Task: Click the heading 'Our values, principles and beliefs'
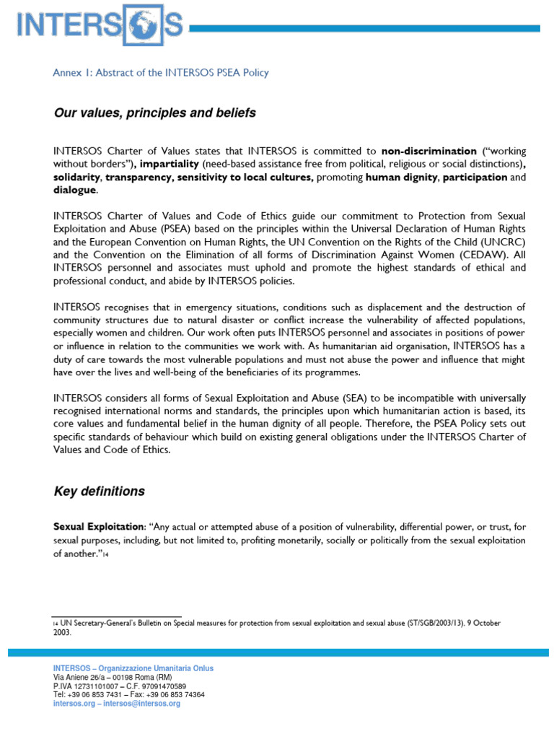[154, 113]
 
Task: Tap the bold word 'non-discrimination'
[428, 152]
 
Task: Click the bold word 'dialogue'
[74, 191]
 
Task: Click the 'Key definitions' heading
[100, 491]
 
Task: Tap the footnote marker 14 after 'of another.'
[105, 554]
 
